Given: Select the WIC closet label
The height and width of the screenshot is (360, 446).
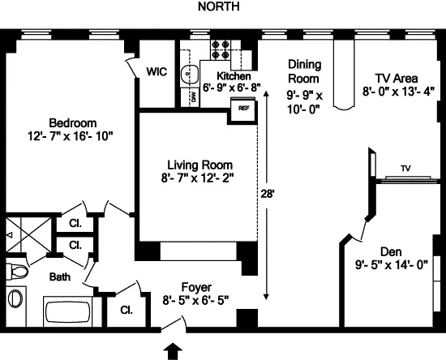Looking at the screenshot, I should tap(157, 71).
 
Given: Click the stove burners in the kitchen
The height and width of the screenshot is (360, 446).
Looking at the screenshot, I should tap(219, 50).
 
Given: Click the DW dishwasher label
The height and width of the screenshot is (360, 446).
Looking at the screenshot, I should tap(192, 96).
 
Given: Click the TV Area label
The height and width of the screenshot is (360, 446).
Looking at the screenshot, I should tap(390, 78).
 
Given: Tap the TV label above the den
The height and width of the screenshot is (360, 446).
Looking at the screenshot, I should tap(405, 169).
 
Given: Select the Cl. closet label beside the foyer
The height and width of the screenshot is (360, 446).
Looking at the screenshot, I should tap(127, 309).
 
